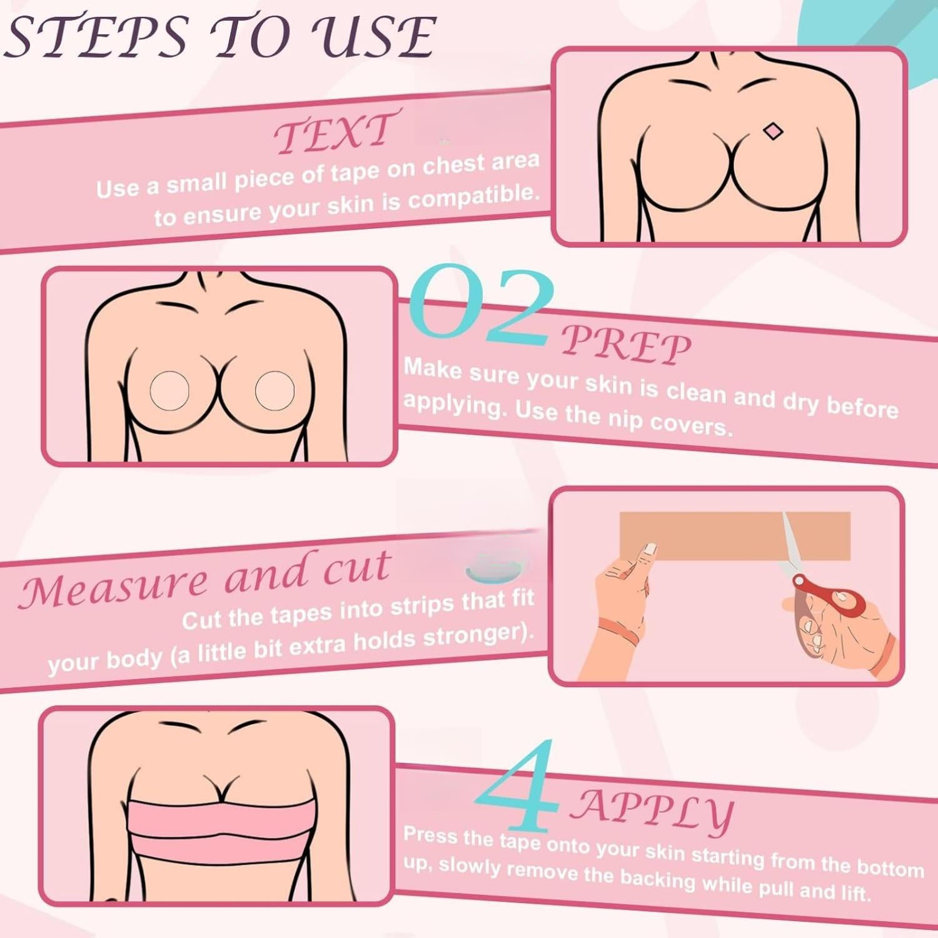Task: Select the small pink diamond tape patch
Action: (x=774, y=131)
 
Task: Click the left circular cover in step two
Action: (x=169, y=391)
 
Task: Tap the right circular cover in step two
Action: (x=275, y=391)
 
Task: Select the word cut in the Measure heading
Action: (x=356, y=568)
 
